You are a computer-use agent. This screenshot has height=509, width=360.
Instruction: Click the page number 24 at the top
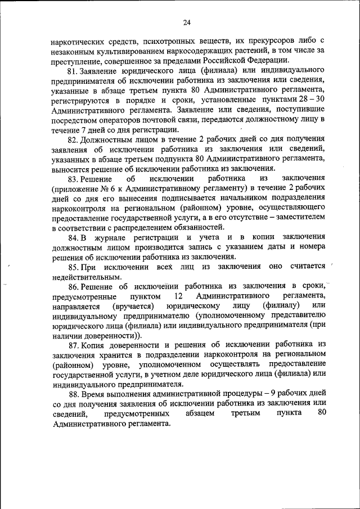187,22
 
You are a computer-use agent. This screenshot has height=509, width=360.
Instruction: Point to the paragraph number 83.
73,178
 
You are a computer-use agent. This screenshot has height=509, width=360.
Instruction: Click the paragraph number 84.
73,237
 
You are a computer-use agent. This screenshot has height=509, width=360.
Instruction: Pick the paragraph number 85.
73,267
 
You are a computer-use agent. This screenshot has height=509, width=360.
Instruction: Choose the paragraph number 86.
73,286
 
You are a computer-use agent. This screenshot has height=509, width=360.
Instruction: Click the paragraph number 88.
73,394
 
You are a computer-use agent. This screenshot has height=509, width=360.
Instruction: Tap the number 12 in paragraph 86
179,296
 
